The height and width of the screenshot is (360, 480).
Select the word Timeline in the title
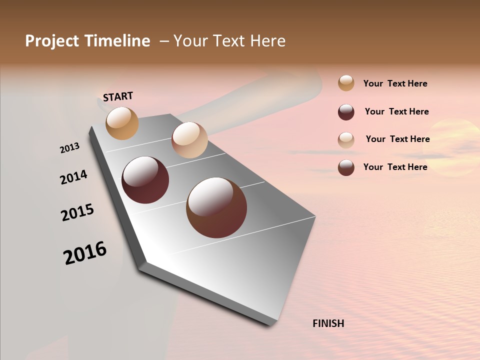pos(117,41)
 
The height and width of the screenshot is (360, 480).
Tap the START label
pos(118,96)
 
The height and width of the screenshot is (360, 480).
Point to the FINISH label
pos(328,323)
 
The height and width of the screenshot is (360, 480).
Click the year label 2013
pos(70,147)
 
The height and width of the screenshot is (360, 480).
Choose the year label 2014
pos(73,177)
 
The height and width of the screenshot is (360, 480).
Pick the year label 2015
pos(77,212)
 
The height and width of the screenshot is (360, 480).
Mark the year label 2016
pos(85,253)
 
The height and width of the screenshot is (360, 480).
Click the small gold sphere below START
pos(122,123)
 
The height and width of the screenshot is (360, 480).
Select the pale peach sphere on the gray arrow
pos(189,140)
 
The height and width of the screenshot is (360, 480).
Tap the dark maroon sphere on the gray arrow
pos(145,180)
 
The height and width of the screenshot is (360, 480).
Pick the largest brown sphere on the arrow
pos(216,207)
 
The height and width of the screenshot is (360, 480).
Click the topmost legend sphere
pos(346,83)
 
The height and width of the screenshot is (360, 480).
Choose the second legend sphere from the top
pos(346,112)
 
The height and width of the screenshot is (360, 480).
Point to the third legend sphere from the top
pos(346,140)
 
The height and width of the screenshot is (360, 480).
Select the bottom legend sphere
pos(346,167)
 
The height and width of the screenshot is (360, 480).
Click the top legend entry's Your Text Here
pos(395,83)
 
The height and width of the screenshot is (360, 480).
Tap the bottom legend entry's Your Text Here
pos(395,167)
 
